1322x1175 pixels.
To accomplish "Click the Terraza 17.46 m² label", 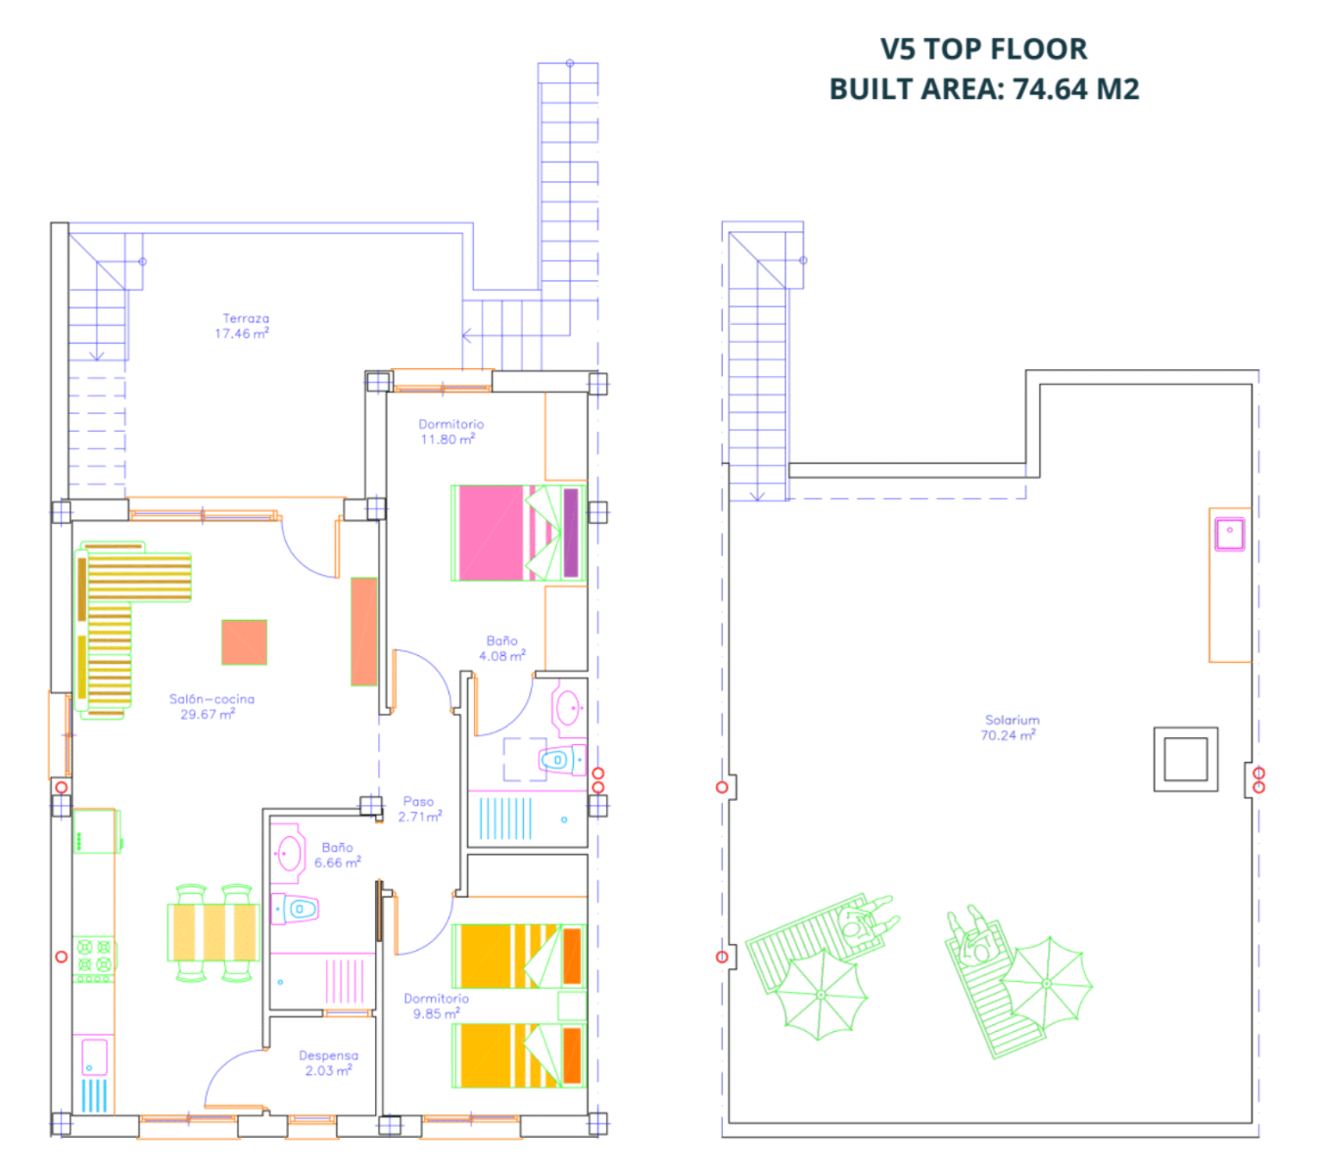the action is tap(242, 325).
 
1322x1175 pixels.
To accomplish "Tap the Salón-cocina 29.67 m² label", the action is tap(211, 706).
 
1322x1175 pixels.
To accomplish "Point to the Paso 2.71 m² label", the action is tap(419, 809).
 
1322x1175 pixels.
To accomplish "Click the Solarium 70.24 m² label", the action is tap(1012, 727).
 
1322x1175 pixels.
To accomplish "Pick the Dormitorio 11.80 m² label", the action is tap(450, 431).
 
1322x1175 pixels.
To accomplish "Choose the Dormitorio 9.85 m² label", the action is tap(436, 1006).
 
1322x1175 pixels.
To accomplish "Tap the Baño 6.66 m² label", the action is tap(337, 855).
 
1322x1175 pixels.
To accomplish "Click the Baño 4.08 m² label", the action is tap(501, 648).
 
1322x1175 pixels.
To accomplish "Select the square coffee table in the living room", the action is tap(244, 642).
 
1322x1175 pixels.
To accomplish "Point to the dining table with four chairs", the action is tap(213, 932).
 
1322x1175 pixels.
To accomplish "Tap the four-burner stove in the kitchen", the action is tap(94, 959).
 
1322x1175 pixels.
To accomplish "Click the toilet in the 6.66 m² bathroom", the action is tap(295, 908).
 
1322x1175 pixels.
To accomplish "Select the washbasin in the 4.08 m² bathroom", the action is tap(568, 707).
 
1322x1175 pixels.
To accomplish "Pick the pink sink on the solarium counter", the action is tap(1229, 535).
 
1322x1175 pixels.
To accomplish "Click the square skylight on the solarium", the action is tap(1185, 759).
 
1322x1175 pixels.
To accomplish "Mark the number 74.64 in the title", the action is tap(1050, 89).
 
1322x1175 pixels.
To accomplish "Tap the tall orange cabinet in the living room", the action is tap(363, 631).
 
